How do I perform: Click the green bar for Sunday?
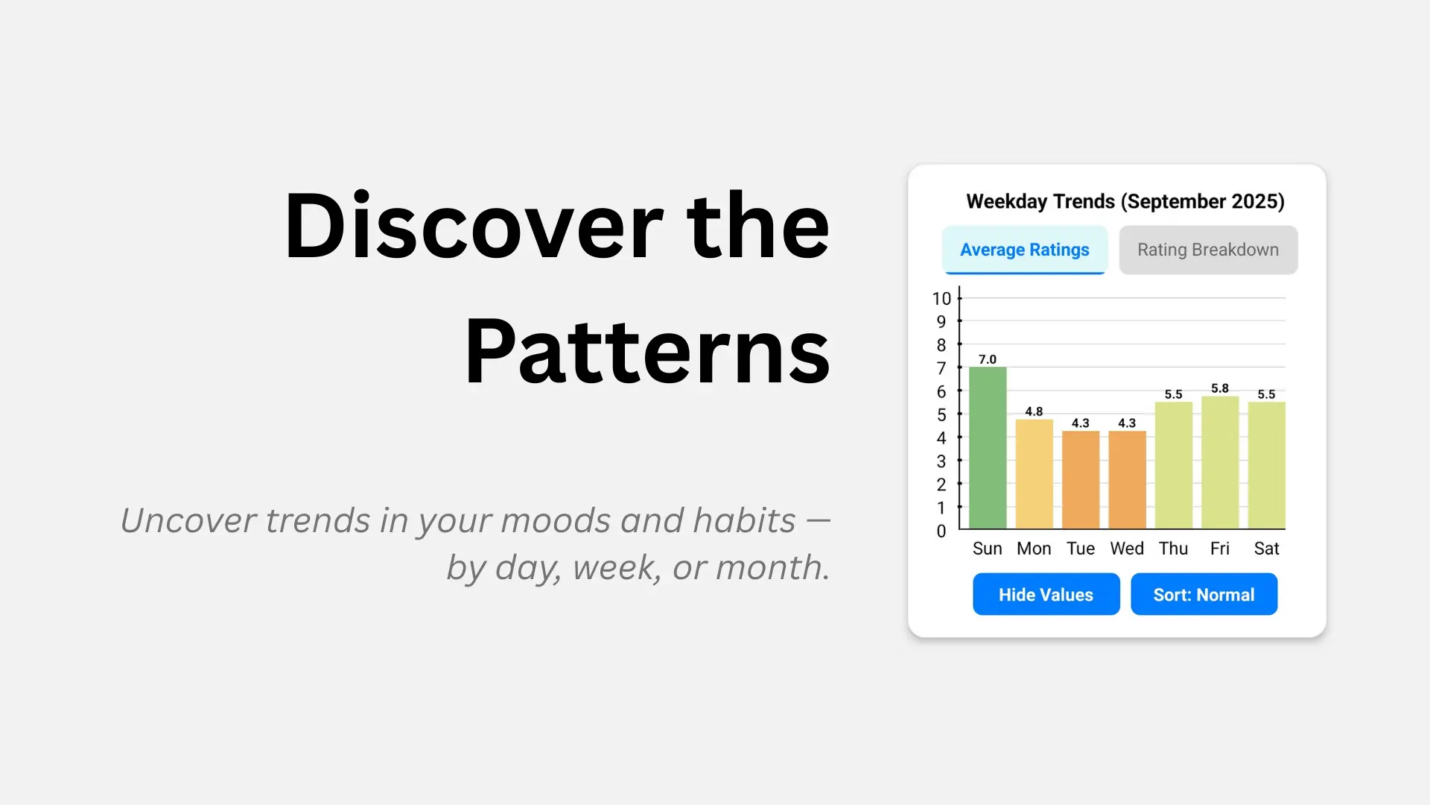988,447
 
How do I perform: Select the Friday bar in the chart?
1220,462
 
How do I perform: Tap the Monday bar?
1034,474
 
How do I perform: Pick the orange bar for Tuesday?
1081,480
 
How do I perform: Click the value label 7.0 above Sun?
988,359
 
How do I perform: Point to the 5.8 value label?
1220,388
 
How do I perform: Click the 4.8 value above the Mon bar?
1034,411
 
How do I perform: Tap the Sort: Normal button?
1204,594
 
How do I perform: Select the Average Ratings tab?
1024,250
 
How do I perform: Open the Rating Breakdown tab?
1208,250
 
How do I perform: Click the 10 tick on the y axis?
941,299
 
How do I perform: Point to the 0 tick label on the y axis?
941,531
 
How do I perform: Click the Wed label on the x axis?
1127,549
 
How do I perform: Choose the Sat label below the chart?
1266,549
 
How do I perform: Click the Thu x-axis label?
1173,549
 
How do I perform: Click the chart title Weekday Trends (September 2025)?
1125,201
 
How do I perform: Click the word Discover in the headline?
473,226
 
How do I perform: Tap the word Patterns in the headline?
646,351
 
